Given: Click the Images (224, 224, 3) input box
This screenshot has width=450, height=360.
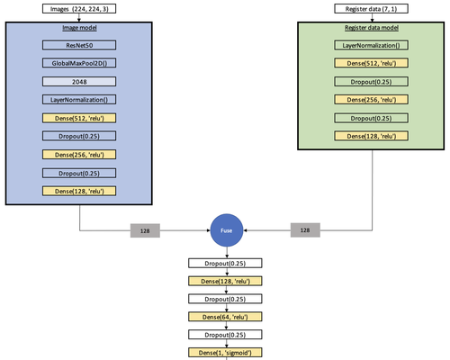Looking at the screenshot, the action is [x=79, y=9].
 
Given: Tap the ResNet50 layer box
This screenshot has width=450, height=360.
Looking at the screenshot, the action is [x=79, y=45].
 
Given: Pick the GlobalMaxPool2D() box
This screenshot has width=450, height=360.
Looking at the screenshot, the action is [x=79, y=63].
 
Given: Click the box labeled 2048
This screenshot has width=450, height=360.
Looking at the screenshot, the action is [x=79, y=82].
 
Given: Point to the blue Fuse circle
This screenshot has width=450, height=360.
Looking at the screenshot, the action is [x=227, y=230].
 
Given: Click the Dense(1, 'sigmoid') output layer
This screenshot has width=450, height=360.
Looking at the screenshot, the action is [x=225, y=353].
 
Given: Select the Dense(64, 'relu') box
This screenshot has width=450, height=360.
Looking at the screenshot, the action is [x=225, y=317].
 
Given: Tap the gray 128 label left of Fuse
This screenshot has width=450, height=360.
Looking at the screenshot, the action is [x=145, y=230].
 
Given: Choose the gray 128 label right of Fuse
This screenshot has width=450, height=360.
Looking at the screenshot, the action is [x=305, y=230].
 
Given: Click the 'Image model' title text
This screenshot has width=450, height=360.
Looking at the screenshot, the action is [x=79, y=28].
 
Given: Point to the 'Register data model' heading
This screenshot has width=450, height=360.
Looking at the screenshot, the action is [x=372, y=28].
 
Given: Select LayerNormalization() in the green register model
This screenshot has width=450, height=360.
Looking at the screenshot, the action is [x=372, y=45].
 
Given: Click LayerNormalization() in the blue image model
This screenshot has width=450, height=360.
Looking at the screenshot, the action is [x=79, y=100].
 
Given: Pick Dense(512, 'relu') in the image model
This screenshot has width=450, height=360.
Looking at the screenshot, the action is [x=79, y=118].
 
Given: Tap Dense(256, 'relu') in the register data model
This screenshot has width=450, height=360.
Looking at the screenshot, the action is [x=372, y=100].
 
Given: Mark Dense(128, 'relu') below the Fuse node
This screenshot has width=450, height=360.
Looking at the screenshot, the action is [x=225, y=281].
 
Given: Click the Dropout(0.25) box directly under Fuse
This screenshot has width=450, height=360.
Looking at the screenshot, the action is [x=225, y=263].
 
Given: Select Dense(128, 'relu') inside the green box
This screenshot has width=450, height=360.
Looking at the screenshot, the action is [x=372, y=136].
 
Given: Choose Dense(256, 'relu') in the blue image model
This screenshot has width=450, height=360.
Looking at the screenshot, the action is [x=79, y=155].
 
